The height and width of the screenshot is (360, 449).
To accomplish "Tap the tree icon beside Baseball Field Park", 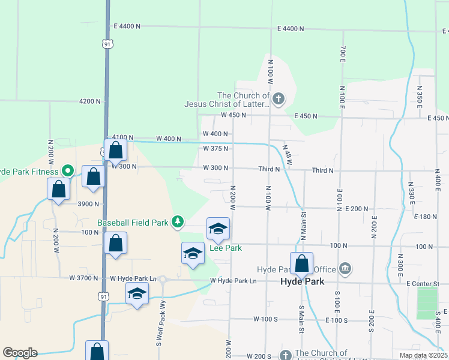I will (178, 223).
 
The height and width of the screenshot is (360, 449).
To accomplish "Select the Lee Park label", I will (225, 248).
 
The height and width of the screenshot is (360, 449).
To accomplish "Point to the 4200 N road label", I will (89, 101).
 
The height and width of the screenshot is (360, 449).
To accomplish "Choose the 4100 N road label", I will (122, 137).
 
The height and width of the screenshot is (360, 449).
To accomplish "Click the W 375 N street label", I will (216, 148).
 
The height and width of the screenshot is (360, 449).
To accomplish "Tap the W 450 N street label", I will (234, 115).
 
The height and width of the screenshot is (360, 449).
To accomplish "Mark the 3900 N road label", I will (88, 204).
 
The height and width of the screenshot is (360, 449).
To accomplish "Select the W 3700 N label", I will (83, 278).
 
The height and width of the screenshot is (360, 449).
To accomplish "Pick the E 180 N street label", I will (427, 217).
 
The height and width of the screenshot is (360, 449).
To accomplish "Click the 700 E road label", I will (343, 55).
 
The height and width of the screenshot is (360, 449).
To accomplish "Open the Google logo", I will (20, 353).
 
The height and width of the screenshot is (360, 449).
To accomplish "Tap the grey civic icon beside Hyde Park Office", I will (345, 268).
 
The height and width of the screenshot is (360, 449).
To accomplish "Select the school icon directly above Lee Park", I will (218, 228).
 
